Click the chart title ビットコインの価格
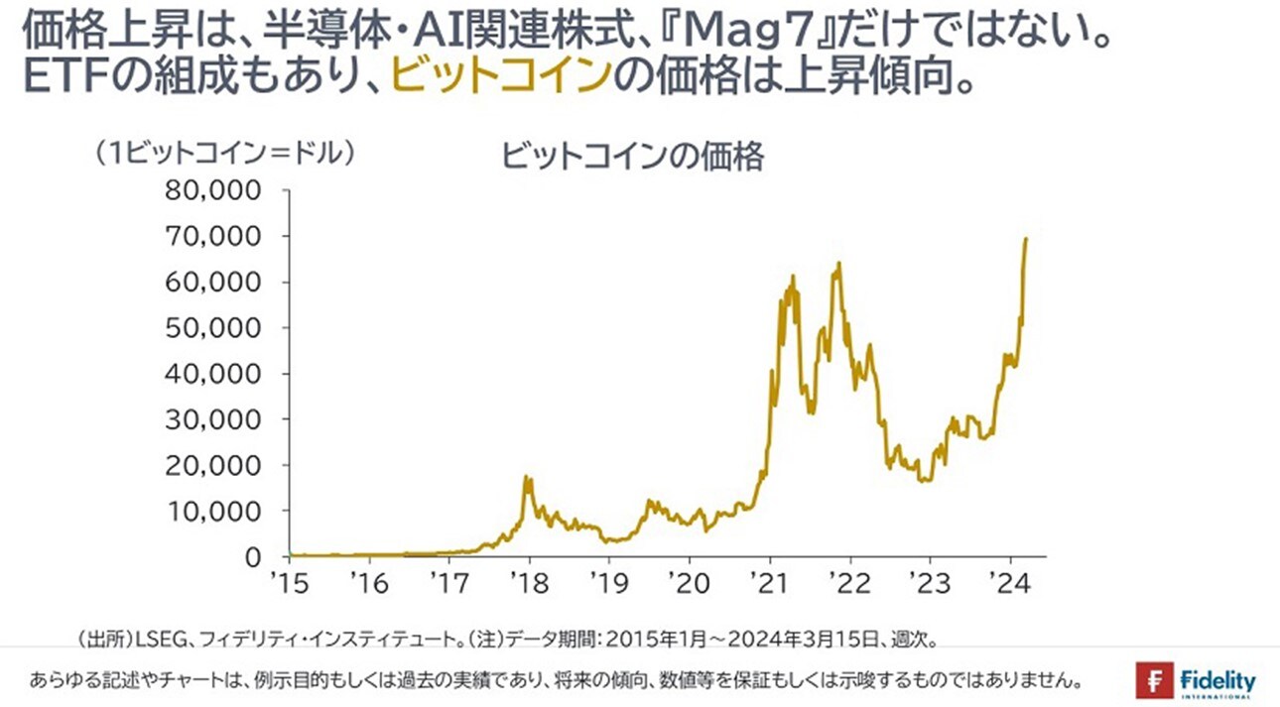click(x=633, y=157)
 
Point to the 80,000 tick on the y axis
click(x=219, y=190)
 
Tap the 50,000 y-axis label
click(x=219, y=328)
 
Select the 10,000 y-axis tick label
click(x=219, y=512)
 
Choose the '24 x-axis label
click(x=1010, y=580)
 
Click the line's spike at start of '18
click(x=527, y=479)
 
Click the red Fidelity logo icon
click(x=1154, y=681)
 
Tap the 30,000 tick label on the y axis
click(x=219, y=419)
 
